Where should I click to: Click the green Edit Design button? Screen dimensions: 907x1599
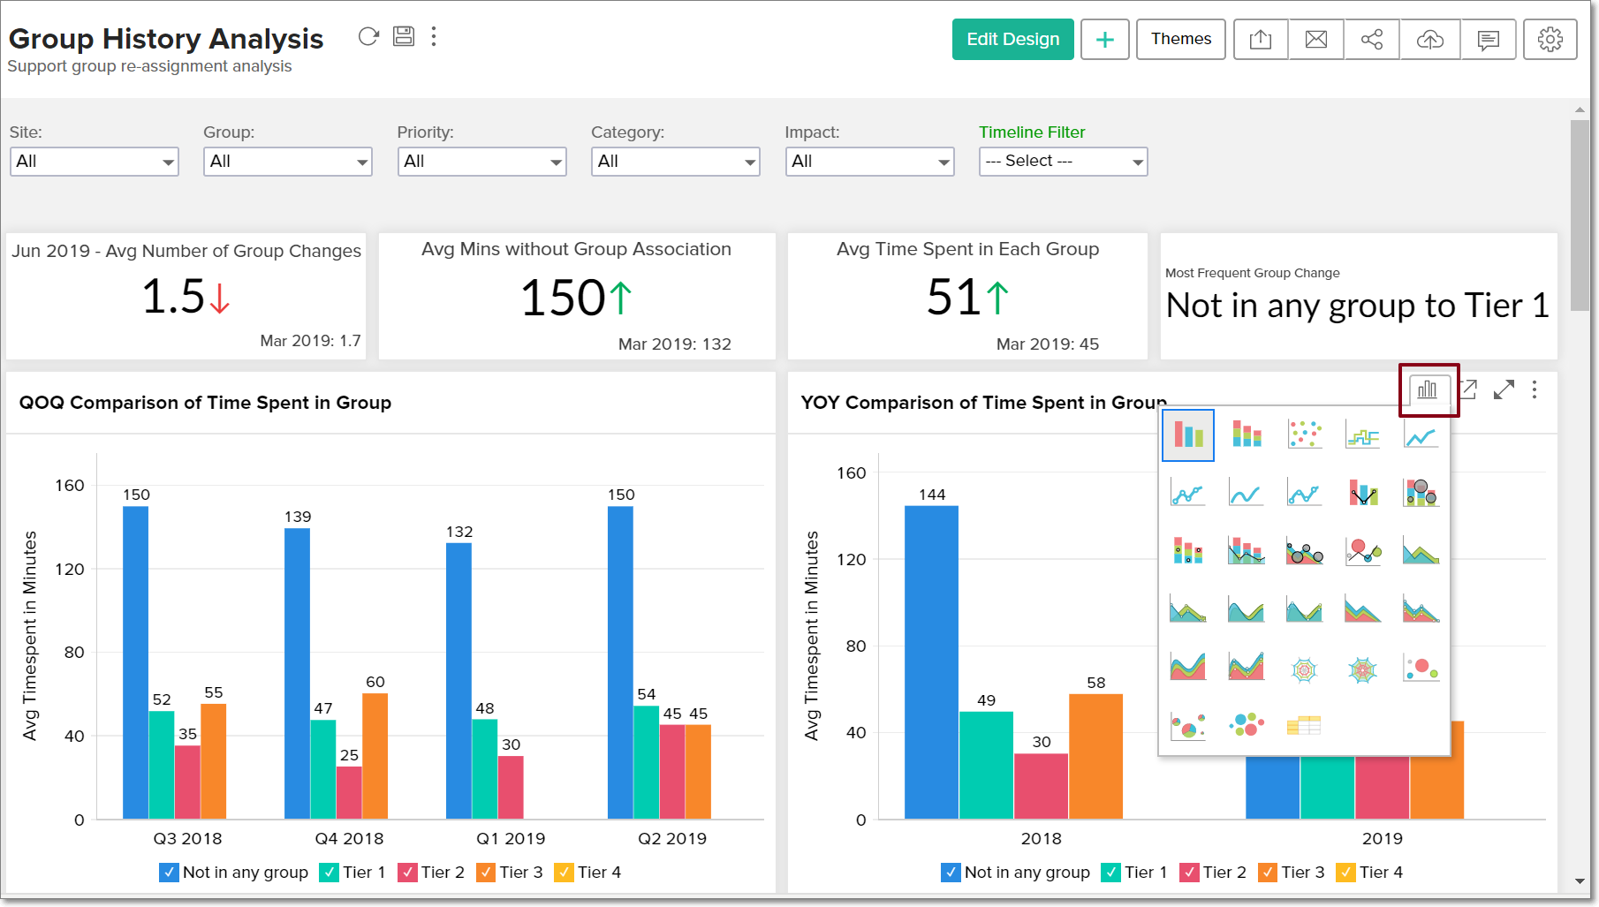(x=1012, y=40)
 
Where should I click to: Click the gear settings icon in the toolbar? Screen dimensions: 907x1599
(x=1550, y=40)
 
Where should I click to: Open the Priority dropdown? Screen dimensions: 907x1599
(x=481, y=162)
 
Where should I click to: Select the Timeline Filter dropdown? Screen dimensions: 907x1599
(x=1063, y=162)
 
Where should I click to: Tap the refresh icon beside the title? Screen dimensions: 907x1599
(x=368, y=37)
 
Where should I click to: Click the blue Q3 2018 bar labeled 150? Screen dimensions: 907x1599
(x=135, y=662)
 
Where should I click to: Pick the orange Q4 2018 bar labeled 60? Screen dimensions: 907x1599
(x=375, y=755)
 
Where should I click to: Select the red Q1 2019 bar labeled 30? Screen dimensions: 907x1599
(x=511, y=787)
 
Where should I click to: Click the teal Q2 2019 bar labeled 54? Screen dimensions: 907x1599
(x=646, y=761)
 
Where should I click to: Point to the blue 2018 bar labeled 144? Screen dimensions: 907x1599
(x=931, y=662)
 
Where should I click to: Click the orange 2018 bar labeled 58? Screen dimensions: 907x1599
(x=1095, y=756)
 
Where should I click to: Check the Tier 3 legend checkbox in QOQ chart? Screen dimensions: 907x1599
(x=486, y=873)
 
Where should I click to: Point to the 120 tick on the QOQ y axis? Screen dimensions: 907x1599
(x=70, y=569)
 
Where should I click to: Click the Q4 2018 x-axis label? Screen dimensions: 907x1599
(x=349, y=838)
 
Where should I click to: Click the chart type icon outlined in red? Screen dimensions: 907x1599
(x=1428, y=389)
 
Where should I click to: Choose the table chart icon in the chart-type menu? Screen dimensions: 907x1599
(x=1303, y=725)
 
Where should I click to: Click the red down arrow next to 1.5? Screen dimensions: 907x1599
(x=220, y=298)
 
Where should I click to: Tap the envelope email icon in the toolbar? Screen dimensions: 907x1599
(x=1316, y=40)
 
